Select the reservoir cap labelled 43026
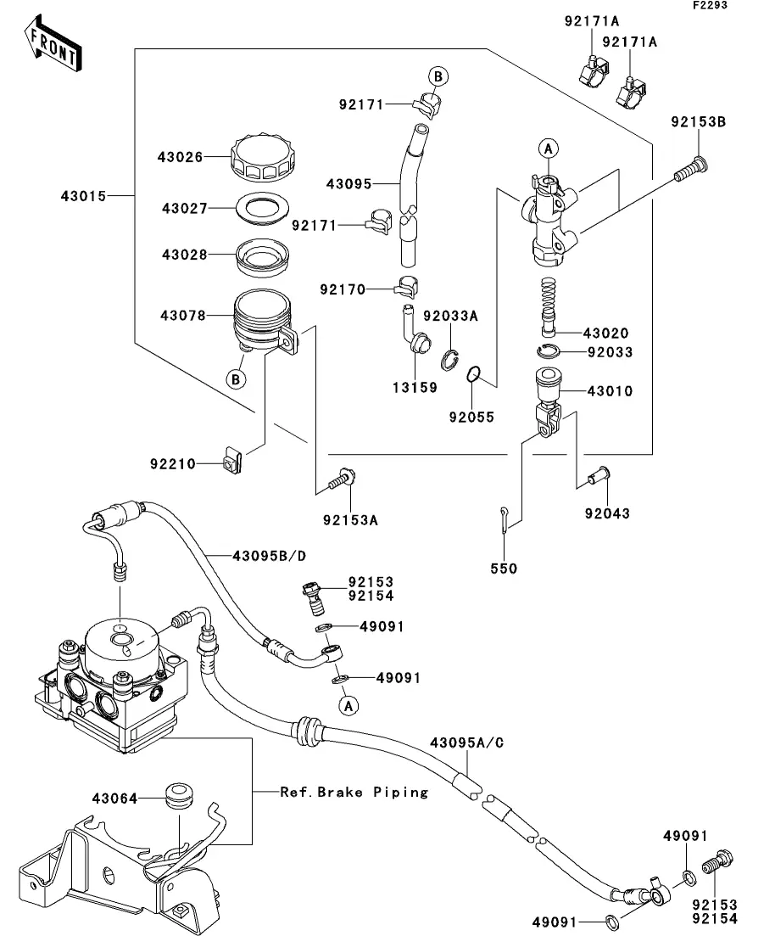coord(263,158)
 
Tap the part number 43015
coord(83,196)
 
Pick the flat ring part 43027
coord(263,209)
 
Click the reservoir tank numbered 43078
coord(264,322)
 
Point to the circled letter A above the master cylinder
coord(549,148)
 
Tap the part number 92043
coord(607,513)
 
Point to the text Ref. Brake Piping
coord(354,792)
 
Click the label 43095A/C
coord(467,743)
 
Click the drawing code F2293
coord(710,5)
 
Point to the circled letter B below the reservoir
coord(237,379)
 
